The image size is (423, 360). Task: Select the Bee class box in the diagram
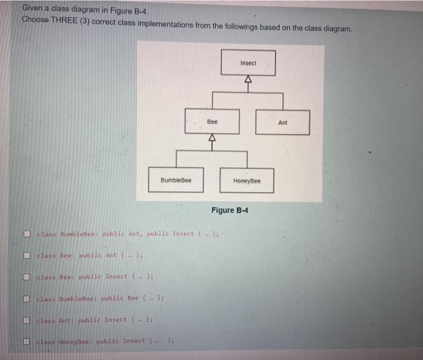click(212, 122)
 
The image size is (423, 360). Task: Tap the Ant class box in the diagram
click(282, 123)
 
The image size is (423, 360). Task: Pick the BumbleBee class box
click(176, 181)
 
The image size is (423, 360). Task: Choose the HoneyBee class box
click(247, 181)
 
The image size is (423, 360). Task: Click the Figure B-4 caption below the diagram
click(230, 210)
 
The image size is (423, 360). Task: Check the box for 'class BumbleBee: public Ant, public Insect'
click(28, 234)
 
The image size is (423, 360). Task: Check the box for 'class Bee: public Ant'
click(28, 256)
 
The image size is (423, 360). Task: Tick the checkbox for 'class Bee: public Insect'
click(28, 277)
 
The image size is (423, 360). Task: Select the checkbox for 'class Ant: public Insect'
click(28, 320)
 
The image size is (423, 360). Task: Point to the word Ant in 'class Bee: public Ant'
click(111, 256)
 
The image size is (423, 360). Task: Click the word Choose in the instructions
click(35, 19)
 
